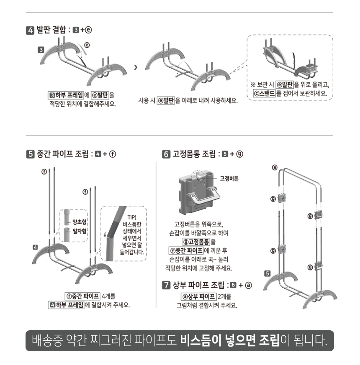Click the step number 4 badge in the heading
[x=30, y=30]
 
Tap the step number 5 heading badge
[x=31, y=154]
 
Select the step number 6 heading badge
[x=166, y=154]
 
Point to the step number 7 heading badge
[x=166, y=285]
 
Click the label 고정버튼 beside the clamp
[x=229, y=179]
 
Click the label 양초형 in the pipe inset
[x=79, y=222]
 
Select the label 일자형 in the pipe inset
[x=79, y=231]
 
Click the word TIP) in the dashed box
[x=132, y=217]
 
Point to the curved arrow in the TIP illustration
[x=105, y=233]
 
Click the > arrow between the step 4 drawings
[x=136, y=67]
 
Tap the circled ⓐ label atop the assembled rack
[x=275, y=167]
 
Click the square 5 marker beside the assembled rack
[x=267, y=273]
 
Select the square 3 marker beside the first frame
[x=41, y=50]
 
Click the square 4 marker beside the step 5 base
[x=35, y=247]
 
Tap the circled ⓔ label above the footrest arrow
[x=87, y=45]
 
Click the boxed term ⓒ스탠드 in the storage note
[x=265, y=93]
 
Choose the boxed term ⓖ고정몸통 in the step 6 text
[x=196, y=242]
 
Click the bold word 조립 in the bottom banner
[x=269, y=341]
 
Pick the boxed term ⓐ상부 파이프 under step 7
[x=199, y=296]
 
